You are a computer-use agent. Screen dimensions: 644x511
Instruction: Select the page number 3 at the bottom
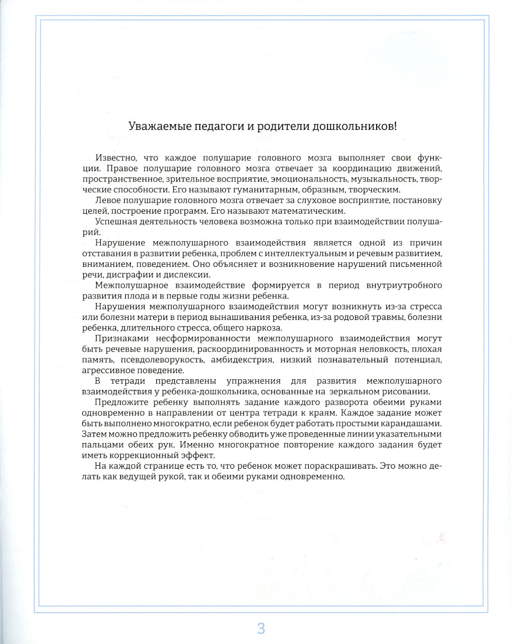(261, 628)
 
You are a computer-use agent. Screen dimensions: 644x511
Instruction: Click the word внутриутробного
(404, 285)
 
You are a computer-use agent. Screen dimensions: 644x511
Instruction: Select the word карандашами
(411, 423)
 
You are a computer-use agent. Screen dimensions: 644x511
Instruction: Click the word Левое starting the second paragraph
(107, 200)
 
